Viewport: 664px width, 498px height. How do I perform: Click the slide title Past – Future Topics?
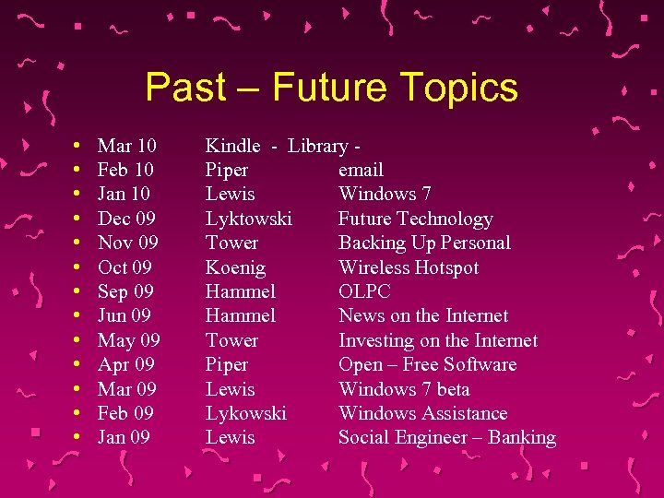click(x=332, y=88)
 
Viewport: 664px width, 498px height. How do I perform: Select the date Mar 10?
click(x=126, y=146)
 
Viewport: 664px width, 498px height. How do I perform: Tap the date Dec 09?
click(x=126, y=219)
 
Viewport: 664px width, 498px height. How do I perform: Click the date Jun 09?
click(x=125, y=315)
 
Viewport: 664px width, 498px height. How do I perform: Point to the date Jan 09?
click(x=124, y=437)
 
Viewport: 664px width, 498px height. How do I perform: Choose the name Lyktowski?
click(x=248, y=219)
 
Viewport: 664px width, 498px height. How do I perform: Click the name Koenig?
click(x=235, y=267)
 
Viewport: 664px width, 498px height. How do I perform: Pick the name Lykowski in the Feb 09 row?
click(x=245, y=413)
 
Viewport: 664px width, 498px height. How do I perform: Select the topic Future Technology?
click(x=415, y=219)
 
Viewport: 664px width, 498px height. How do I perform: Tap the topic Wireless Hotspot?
click(x=409, y=267)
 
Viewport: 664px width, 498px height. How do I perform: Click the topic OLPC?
click(x=364, y=291)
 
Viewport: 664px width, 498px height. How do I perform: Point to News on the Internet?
click(x=423, y=315)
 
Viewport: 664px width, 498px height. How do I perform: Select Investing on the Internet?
click(x=438, y=340)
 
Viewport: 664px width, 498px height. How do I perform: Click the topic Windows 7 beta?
click(x=404, y=389)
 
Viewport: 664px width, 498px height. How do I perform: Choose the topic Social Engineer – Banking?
click(x=447, y=437)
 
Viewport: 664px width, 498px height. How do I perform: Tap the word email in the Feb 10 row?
click(x=361, y=170)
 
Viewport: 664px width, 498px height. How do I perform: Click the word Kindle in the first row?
click(x=232, y=146)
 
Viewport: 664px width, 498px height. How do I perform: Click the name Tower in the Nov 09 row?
click(x=231, y=243)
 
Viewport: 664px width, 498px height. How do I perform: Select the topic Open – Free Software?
click(x=427, y=364)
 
